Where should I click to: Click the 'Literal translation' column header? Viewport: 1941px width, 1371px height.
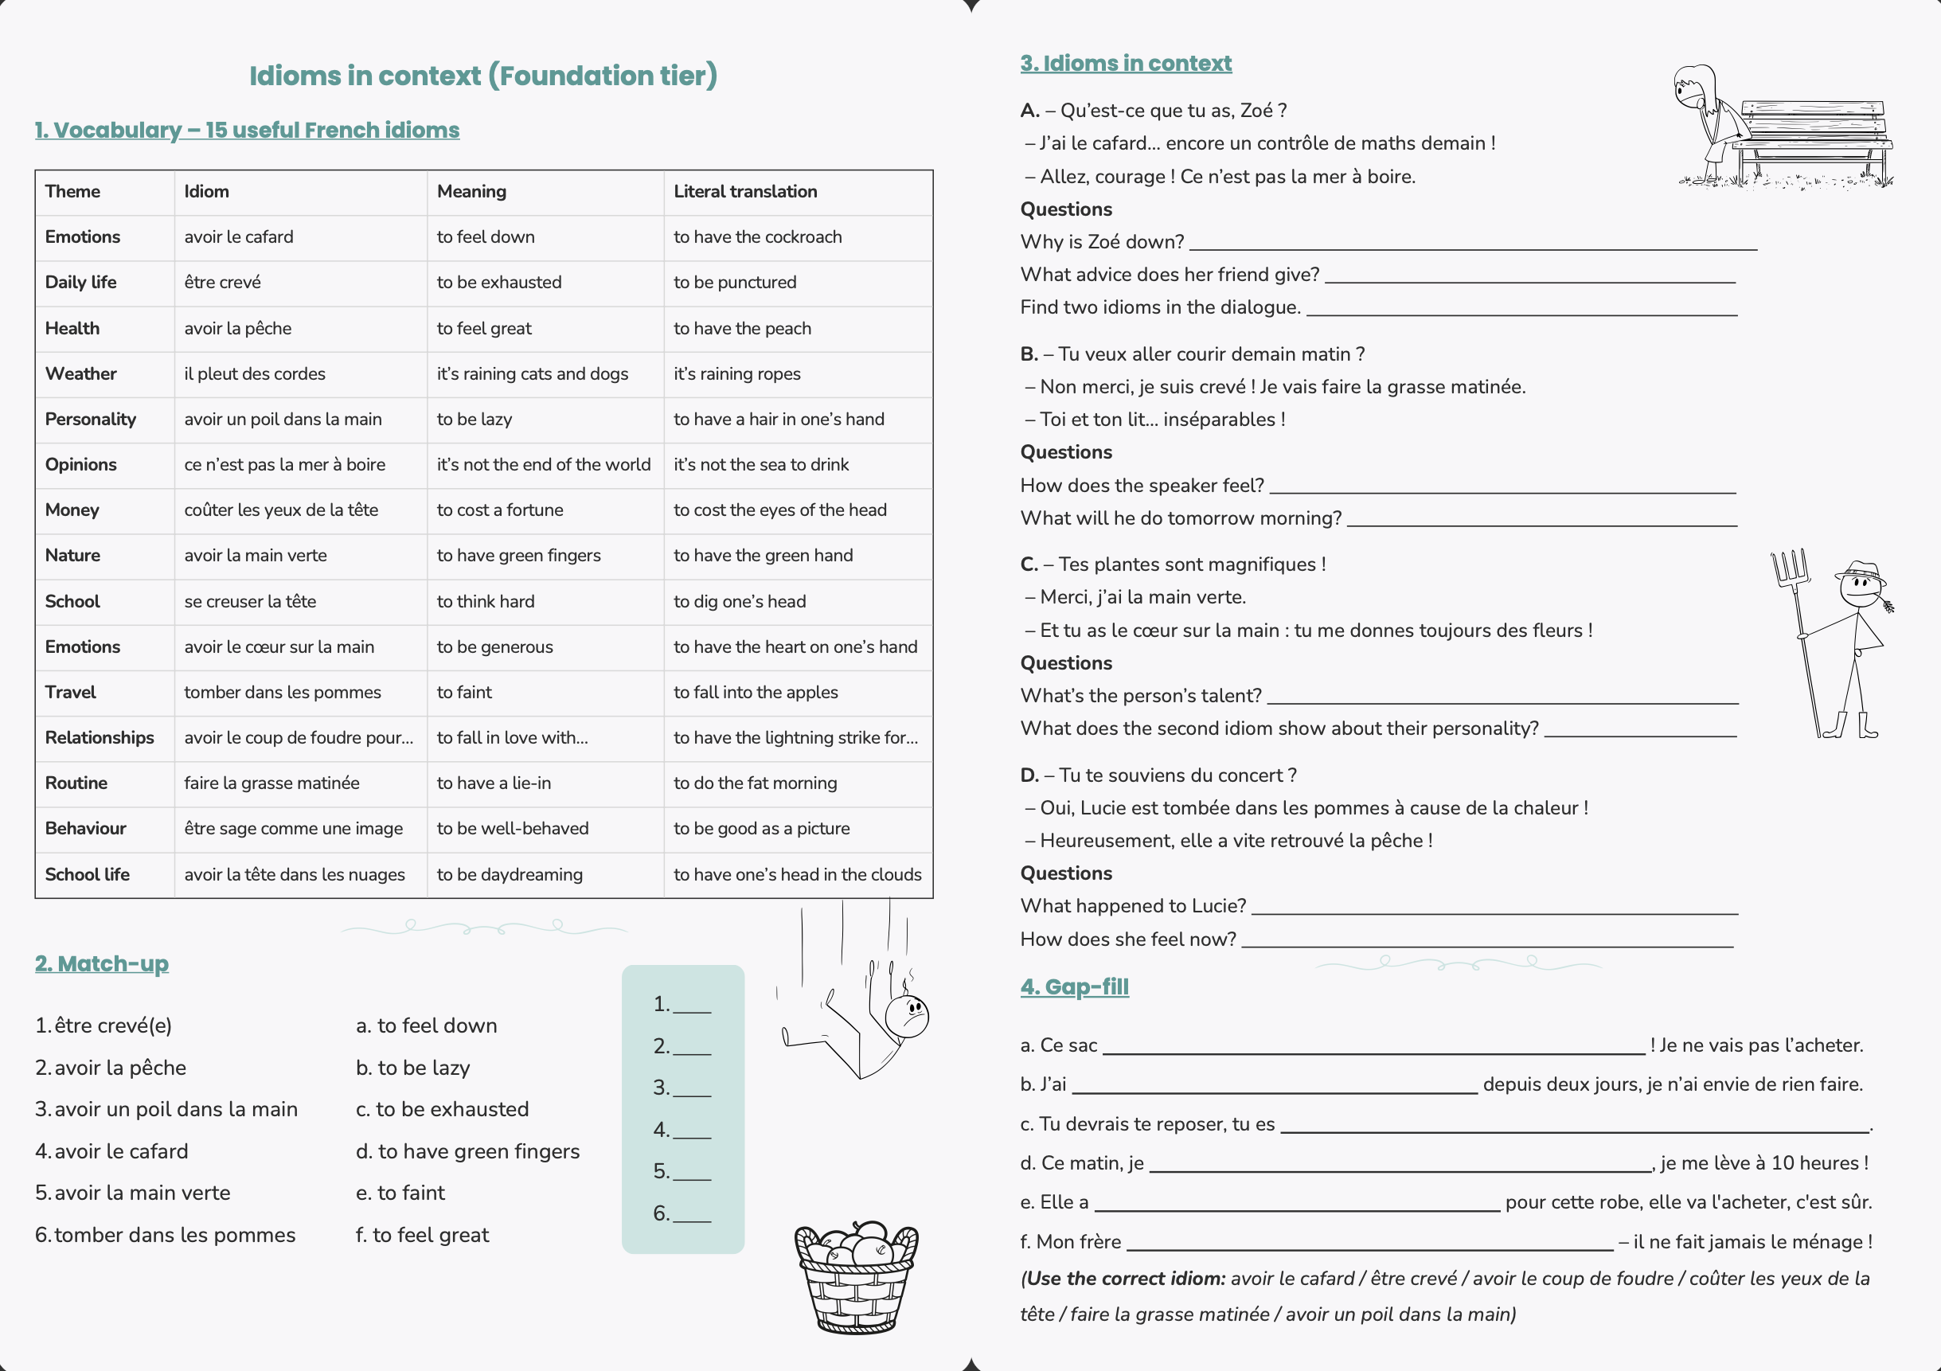[x=744, y=192]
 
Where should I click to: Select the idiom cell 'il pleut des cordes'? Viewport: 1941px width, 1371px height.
[x=255, y=373]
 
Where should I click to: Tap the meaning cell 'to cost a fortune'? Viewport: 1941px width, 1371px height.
[x=500, y=510]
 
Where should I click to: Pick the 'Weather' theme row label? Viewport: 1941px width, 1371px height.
[x=81, y=373]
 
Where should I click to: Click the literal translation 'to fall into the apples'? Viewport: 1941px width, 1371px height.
[x=755, y=692]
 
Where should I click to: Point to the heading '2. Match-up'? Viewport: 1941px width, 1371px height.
[x=101, y=963]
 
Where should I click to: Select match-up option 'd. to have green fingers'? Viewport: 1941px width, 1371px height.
[x=467, y=1151]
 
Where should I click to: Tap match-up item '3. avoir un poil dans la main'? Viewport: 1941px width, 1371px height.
[x=166, y=1109]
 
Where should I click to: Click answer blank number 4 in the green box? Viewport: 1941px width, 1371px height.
[x=692, y=1131]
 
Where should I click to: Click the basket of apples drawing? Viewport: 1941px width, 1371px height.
[x=856, y=1276]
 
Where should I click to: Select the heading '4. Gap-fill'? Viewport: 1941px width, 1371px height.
[x=1074, y=986]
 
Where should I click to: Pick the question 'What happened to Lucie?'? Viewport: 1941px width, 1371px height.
[x=1133, y=906]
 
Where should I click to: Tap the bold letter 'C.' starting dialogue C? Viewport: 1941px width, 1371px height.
[x=1029, y=564]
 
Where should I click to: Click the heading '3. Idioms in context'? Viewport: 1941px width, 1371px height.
[x=1125, y=64]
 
